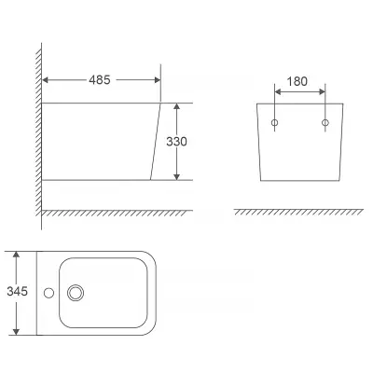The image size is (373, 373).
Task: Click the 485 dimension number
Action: (100, 80)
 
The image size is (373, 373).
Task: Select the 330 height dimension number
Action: (176, 142)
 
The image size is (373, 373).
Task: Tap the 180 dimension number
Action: (297, 81)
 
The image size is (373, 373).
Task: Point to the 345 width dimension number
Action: (18, 292)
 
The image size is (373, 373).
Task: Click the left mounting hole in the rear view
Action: (274, 122)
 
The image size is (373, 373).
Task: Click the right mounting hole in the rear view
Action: (325, 122)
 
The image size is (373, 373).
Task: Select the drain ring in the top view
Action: (76, 293)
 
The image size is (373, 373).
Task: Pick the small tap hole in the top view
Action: (48, 293)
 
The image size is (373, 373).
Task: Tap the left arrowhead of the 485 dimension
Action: (45, 80)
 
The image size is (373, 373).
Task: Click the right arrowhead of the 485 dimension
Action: (158, 80)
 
